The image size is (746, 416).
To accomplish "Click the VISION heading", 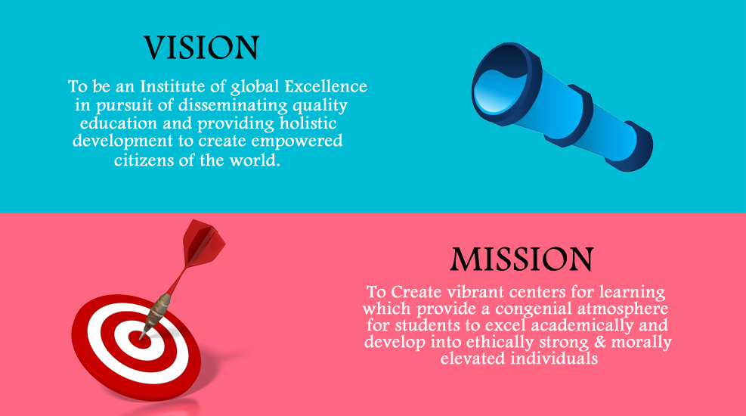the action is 201,48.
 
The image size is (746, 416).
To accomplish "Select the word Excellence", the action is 326,86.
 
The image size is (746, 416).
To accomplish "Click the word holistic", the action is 308,123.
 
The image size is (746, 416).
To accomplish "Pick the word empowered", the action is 297,141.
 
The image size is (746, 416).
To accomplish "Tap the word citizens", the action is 144,160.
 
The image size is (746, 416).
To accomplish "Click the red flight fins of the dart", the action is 203,243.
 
